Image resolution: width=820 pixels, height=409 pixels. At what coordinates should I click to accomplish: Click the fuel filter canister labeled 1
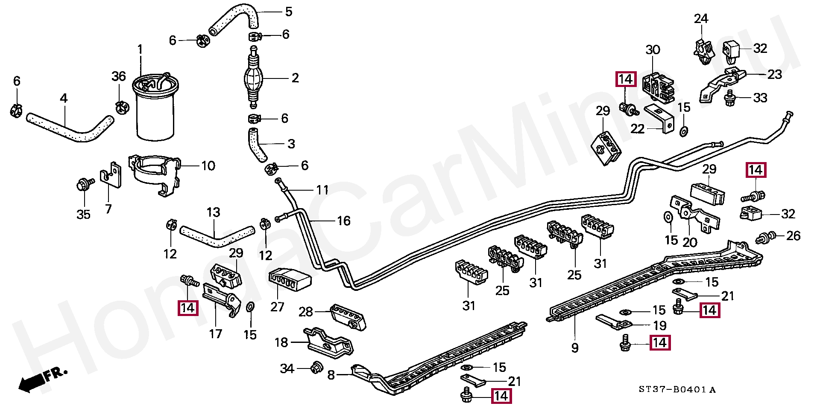point(155,109)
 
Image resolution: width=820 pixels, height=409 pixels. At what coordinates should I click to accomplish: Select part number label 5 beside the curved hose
point(289,12)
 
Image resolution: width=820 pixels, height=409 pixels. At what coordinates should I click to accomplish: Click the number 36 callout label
point(119,76)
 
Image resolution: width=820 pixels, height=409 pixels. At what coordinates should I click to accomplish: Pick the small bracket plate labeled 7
point(111,175)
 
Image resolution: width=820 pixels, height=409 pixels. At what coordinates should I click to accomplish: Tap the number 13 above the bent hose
point(213,212)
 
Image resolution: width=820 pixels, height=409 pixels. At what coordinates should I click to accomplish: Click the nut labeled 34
point(316,367)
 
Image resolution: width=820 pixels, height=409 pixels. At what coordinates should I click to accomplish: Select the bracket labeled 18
point(329,342)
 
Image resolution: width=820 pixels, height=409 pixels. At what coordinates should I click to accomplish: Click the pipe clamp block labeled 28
point(348,317)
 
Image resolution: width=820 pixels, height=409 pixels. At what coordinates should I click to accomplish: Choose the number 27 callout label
point(277,307)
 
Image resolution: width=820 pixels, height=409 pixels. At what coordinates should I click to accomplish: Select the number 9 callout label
point(575,348)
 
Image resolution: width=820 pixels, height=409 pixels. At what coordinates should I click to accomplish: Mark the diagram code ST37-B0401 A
point(677,389)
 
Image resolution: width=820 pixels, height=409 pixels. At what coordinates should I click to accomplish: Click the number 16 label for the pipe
point(343,221)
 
